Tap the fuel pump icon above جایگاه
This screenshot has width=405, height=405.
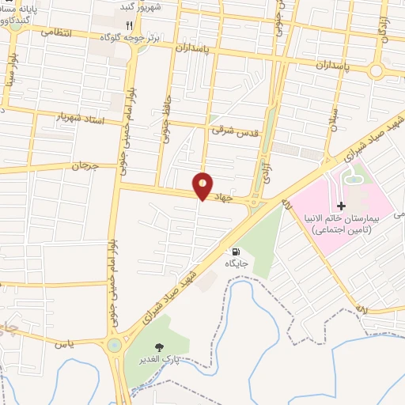[x=235, y=251]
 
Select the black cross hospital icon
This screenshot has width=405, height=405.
[x=342, y=206]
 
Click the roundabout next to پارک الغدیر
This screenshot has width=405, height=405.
[x=115, y=346]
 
